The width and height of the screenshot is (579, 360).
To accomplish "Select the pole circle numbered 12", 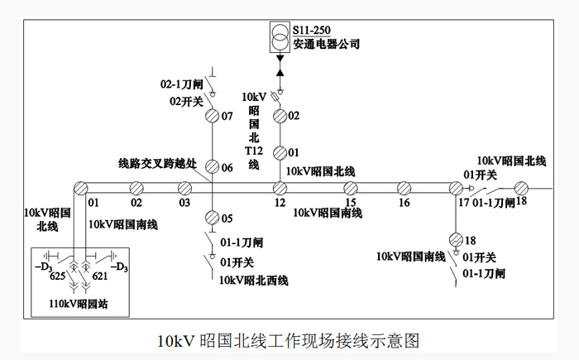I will coord(280,188).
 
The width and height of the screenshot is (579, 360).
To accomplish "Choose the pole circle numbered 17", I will coord(454,188).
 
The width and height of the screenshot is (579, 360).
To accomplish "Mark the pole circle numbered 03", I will coord(185,188).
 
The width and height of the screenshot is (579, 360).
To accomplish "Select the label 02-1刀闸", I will coord(181,85).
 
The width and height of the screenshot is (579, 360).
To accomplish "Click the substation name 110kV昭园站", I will coord(78,304).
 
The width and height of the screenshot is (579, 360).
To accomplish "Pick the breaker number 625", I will coord(58,275).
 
